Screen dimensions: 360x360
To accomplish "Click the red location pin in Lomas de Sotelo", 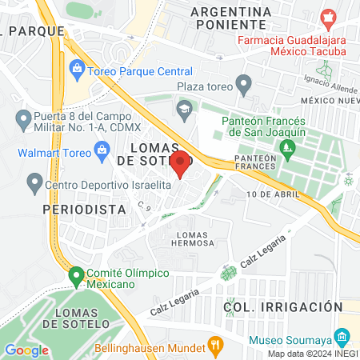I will [x=181, y=163].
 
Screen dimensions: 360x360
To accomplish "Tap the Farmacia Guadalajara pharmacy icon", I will [x=326, y=17].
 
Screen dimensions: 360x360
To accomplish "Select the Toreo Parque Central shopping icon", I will [x=77, y=67].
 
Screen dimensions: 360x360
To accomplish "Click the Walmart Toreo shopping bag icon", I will [x=102, y=150].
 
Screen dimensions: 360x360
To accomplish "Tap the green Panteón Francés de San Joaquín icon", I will [x=286, y=149].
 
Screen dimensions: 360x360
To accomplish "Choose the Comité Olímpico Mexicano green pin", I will [x=77, y=277].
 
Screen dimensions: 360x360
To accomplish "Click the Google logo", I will [x=26, y=350].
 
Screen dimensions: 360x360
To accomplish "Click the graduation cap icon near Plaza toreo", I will [x=186, y=108].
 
